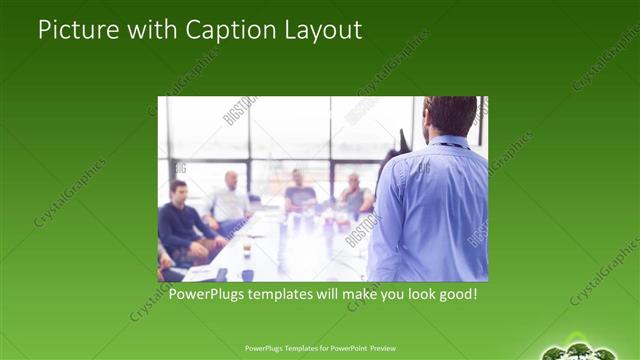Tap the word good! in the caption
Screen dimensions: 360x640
[x=455, y=295]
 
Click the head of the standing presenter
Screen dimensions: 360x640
[x=451, y=116]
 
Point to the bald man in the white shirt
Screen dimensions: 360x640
[x=231, y=199]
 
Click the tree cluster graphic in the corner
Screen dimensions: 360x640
[x=580, y=350]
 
